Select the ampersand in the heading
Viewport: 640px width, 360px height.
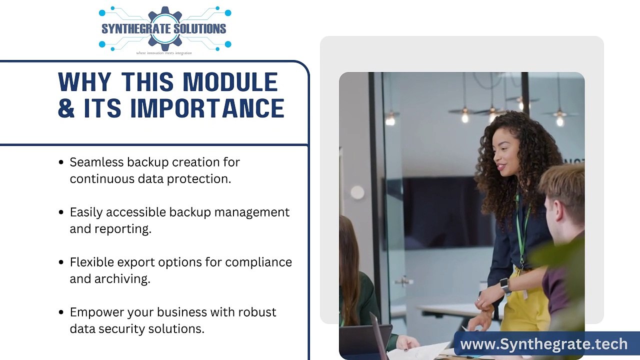coord(66,108)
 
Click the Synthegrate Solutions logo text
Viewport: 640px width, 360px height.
coord(164,28)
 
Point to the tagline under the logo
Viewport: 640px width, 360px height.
coord(164,52)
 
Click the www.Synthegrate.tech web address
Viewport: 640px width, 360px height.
coord(543,344)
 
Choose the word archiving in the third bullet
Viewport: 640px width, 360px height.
coord(123,278)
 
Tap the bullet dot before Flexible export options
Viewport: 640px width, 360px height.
coord(61,262)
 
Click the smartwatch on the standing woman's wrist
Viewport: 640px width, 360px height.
coord(505,285)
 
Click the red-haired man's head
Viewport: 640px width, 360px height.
coord(562,192)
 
